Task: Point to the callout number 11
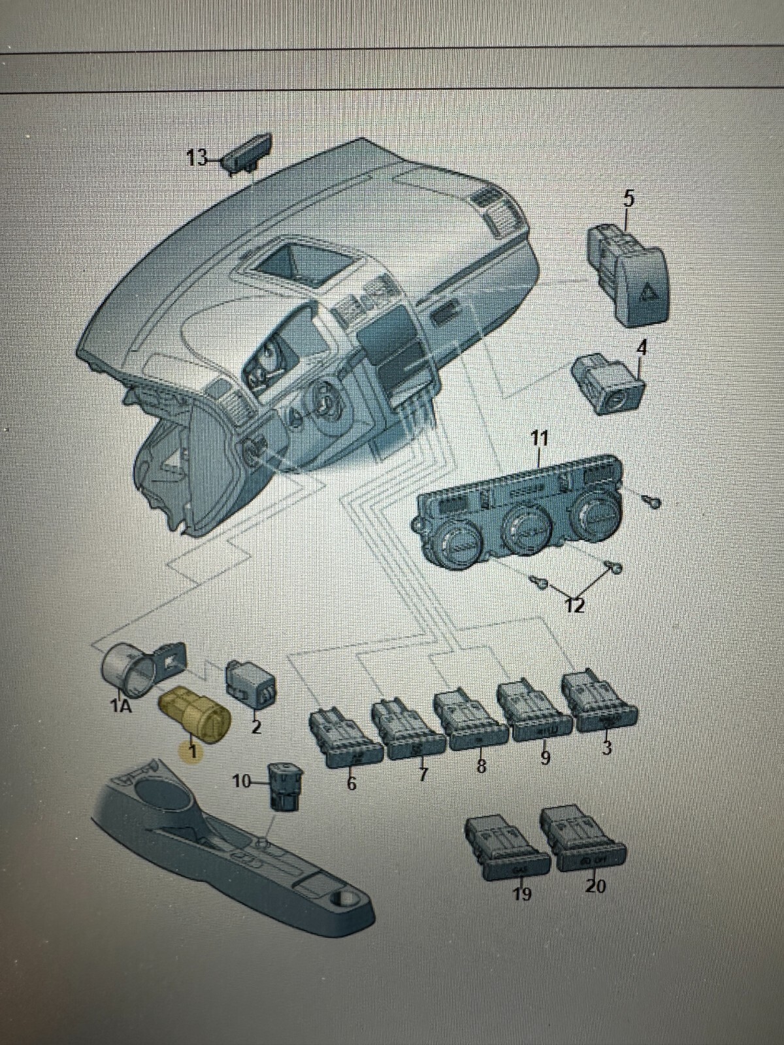pyautogui.click(x=539, y=438)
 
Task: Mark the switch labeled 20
pyautogui.click(x=584, y=842)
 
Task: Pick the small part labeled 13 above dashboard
pyautogui.click(x=248, y=154)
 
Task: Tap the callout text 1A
pyautogui.click(x=121, y=707)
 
